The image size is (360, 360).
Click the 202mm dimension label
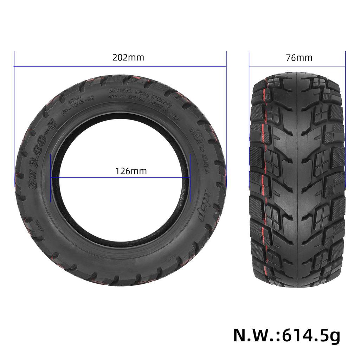pos(128,58)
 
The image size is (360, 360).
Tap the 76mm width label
pos(299,58)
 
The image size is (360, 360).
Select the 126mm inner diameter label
pos(131,171)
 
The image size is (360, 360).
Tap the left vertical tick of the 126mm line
pos(51,178)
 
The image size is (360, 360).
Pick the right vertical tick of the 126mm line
pos(190,178)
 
